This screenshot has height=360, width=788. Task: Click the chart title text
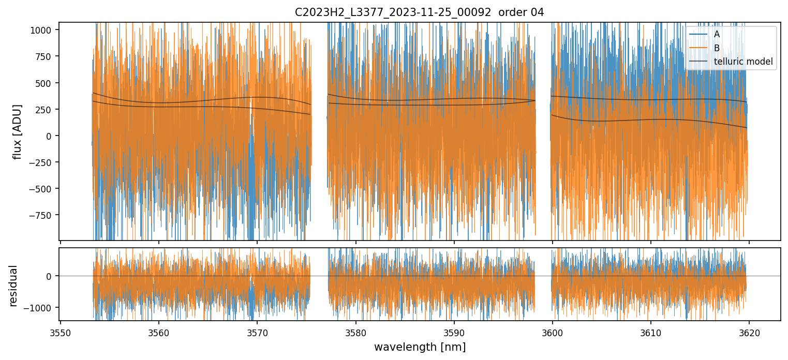(x=419, y=12)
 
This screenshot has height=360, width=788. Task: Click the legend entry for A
(x=717, y=34)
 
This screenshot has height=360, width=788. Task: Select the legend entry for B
(x=717, y=48)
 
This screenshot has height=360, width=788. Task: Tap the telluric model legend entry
(x=743, y=62)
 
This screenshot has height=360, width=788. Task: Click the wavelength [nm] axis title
(x=419, y=347)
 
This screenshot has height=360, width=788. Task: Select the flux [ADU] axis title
(x=18, y=131)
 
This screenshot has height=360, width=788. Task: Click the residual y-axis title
(x=13, y=286)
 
